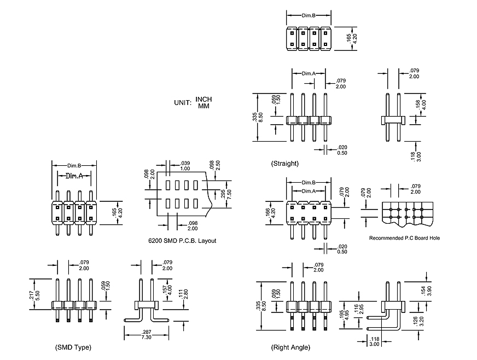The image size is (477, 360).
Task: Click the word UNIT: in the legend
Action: [182, 102]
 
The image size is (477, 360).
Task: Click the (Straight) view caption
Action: [284, 164]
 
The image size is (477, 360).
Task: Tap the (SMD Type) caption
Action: [73, 347]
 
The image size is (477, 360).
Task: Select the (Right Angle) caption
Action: [290, 347]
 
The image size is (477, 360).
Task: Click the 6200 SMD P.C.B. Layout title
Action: [182, 241]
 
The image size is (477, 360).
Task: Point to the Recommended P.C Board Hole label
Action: [404, 238]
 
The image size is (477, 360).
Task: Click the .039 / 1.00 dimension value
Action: [185, 165]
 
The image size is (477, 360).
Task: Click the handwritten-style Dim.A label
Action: [74, 176]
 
